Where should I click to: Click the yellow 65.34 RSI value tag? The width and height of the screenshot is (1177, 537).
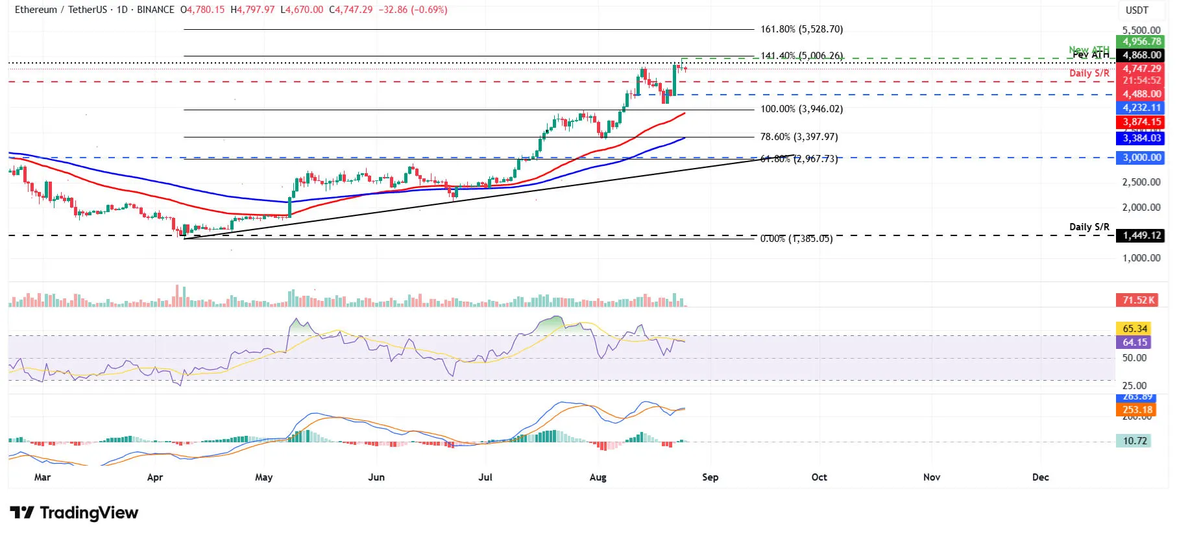click(1134, 329)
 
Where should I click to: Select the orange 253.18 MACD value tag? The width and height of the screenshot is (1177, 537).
click(1137, 410)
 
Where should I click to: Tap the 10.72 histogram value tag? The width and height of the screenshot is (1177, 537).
click(1134, 441)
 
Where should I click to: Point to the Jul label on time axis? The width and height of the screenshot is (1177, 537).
click(485, 477)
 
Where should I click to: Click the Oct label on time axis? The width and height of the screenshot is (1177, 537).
click(819, 477)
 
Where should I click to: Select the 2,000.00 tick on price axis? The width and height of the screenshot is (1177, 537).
click(1141, 208)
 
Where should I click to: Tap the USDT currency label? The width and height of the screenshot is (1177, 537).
click(1137, 10)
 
